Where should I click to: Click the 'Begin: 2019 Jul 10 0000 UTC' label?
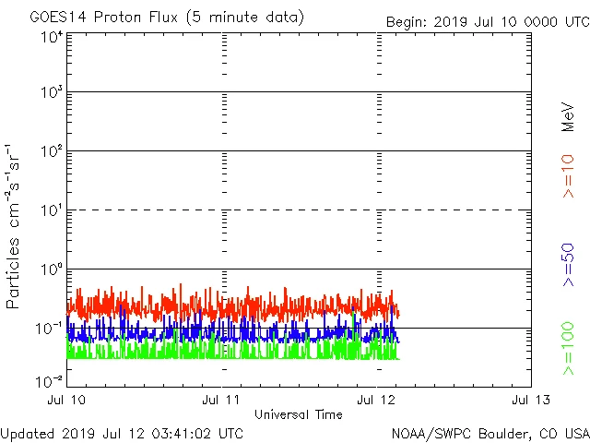coord(487,21)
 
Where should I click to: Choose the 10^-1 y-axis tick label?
coord(50,328)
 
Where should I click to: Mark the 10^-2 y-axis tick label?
coord(50,381)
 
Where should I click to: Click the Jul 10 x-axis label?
coord(65,400)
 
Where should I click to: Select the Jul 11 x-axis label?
coord(221,400)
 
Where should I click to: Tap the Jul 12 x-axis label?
coord(377,400)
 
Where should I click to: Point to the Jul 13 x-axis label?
coord(530,400)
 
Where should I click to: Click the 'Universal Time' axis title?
coord(298,414)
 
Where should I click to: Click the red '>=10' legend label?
coord(568,176)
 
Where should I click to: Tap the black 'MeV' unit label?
coord(568,116)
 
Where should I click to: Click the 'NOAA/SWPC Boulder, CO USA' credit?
coord(490,433)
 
